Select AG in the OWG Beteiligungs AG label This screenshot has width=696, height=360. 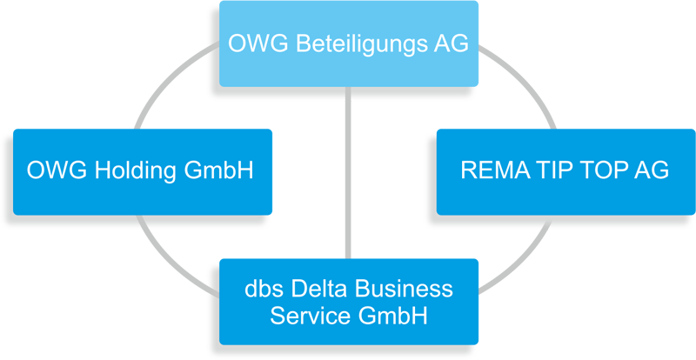coord(445,42)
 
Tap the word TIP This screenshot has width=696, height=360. coord(546,170)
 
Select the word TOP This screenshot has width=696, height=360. coord(599,170)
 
